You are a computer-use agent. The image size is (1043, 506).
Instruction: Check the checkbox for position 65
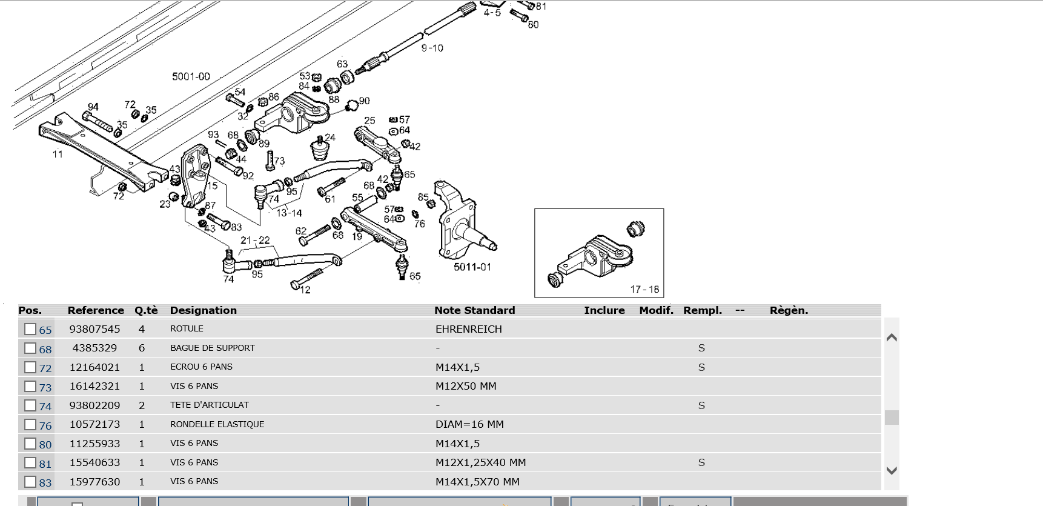coord(30,329)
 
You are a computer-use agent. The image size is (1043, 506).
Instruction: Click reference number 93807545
coord(94,329)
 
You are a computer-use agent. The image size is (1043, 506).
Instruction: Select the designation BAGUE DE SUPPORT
coord(212,348)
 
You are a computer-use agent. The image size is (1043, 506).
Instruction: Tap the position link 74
coord(45,406)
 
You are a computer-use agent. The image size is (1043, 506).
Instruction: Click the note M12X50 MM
coord(465,386)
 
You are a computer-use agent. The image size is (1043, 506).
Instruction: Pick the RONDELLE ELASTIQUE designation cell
coord(217,424)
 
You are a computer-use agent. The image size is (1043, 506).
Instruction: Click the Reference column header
coord(96,310)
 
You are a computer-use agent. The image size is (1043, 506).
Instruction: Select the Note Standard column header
coord(474,310)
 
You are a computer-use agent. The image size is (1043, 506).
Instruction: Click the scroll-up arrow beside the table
coord(892,338)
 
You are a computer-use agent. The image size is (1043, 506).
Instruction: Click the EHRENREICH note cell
coord(468,329)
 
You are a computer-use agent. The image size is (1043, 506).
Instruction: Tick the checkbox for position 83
coord(30,482)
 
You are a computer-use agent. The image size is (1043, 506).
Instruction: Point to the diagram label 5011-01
coord(472,267)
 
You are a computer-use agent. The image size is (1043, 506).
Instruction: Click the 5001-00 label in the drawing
coord(191,76)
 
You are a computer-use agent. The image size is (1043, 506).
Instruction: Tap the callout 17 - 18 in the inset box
coord(644,290)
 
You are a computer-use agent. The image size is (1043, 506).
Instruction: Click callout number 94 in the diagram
coord(93,107)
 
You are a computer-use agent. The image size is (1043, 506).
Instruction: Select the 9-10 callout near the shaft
coord(432,48)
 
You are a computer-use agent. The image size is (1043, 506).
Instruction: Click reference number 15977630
coord(94,482)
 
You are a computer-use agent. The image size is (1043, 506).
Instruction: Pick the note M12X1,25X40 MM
coord(480,462)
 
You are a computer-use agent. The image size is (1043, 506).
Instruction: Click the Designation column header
coord(203,310)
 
